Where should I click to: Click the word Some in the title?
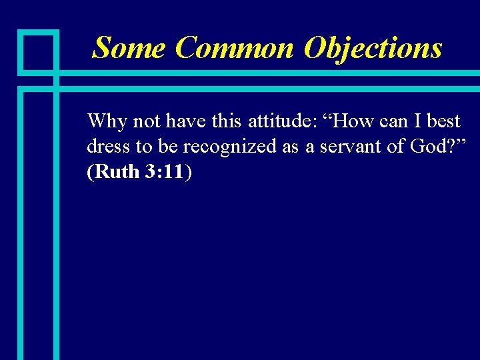tap(129, 48)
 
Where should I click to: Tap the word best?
tap(444, 121)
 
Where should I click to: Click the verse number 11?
tap(175, 172)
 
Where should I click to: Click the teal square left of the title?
tap(39, 50)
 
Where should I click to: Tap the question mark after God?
tap(452, 147)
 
